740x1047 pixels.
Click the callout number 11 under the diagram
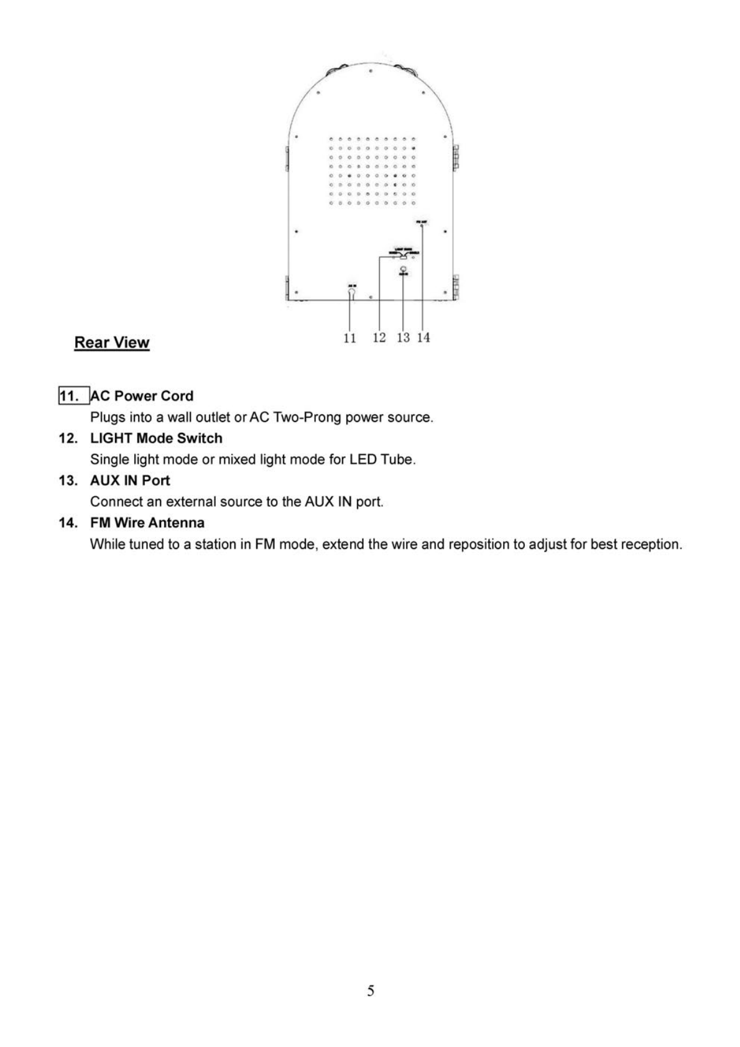(x=350, y=338)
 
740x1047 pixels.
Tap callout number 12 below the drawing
(x=379, y=337)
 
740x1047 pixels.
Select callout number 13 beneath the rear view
(x=403, y=337)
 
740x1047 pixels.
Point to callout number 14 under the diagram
(x=423, y=337)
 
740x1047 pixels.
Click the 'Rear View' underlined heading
(x=112, y=343)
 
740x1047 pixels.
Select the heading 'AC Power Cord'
(x=142, y=396)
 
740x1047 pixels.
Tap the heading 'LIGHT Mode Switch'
(x=156, y=438)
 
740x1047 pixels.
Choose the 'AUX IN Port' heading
(x=130, y=481)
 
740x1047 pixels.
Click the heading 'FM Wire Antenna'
(x=147, y=523)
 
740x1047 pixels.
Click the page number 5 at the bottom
(x=371, y=991)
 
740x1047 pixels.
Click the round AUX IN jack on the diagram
(x=403, y=269)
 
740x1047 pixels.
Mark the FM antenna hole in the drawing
(x=422, y=226)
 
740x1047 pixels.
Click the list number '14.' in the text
(x=68, y=523)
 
